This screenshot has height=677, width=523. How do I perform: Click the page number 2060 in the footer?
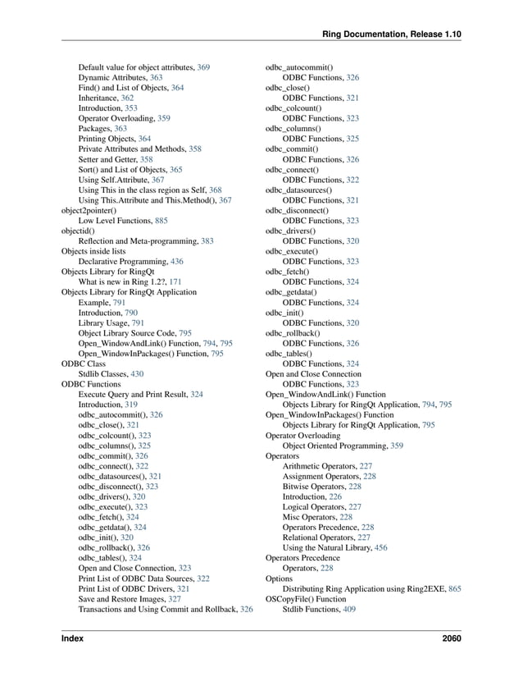click(x=450, y=638)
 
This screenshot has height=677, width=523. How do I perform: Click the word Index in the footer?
click(x=72, y=638)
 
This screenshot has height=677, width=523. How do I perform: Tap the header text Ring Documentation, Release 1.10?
click(x=392, y=34)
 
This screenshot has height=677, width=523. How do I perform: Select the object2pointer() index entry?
click(x=91, y=210)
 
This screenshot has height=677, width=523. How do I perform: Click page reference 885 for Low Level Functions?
click(x=161, y=220)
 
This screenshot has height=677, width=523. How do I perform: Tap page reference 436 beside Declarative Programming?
click(x=189, y=261)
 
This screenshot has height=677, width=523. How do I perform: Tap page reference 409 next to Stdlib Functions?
click(x=349, y=610)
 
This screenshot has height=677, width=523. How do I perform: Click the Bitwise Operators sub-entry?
click(x=314, y=487)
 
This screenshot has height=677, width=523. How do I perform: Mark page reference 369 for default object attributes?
click(x=203, y=66)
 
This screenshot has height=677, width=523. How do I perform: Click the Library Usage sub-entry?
click(x=104, y=322)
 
